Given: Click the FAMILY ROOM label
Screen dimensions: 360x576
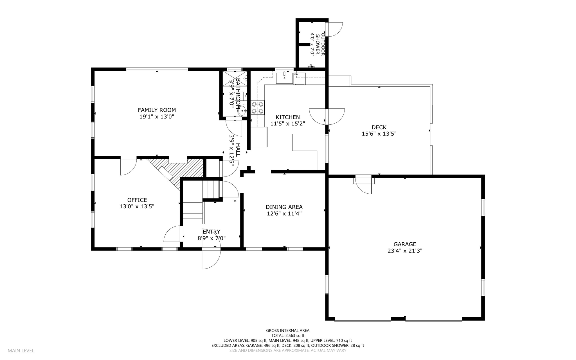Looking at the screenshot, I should coord(157,110).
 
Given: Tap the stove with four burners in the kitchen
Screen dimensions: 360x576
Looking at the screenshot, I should coord(257,108).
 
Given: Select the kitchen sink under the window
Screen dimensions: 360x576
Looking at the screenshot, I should coord(284,78).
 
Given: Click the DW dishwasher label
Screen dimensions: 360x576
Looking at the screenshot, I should coord(296,74).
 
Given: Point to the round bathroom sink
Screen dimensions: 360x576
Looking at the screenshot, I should coord(242,111).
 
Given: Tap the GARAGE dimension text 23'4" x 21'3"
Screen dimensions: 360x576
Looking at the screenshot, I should coord(405,251).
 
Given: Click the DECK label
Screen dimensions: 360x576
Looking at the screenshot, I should coord(379,127).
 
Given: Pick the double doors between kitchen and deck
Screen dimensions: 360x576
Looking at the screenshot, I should coord(327,116).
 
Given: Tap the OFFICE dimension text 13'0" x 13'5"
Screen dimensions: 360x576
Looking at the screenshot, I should coord(137,207).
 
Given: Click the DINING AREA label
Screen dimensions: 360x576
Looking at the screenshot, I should coord(284,207).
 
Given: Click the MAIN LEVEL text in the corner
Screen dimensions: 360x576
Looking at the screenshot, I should coord(21,351).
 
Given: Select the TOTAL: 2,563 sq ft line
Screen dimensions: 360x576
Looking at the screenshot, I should coord(288,336).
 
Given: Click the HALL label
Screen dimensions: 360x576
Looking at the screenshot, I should coord(238,150).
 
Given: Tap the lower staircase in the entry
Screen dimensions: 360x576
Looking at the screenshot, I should coord(193,213).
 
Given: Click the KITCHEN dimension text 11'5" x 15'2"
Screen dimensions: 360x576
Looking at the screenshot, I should coord(287,124).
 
